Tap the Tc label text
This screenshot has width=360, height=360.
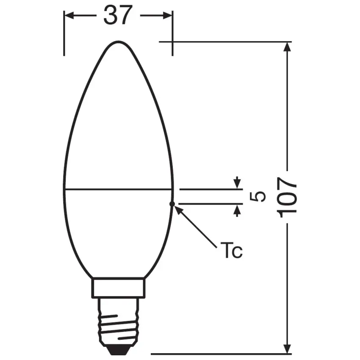[231, 251]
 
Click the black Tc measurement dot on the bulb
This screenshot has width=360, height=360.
[172, 204]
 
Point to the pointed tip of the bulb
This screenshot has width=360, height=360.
[118, 43]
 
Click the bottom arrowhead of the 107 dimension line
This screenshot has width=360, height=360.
[288, 349]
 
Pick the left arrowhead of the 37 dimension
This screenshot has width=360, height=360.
[69, 16]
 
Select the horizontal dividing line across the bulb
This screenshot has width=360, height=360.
[118, 188]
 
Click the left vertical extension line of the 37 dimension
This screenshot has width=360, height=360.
[64, 38]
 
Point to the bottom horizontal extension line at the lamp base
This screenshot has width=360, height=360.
[220, 353]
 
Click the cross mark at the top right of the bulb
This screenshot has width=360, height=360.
[172, 42]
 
